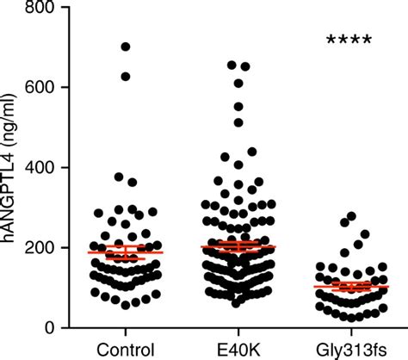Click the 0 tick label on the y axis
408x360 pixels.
coord(51,327)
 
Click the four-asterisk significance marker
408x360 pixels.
coord(349,40)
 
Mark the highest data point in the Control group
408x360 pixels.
coord(126,47)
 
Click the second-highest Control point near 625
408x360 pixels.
coord(126,77)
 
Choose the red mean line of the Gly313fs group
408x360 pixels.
coord(351,286)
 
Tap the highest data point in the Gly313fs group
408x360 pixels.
coord(351,216)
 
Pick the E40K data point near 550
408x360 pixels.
coord(238,108)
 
